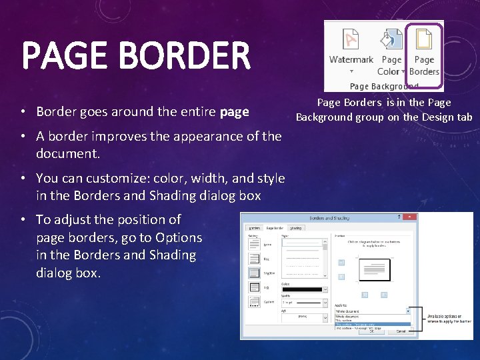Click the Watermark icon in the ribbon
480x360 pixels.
(351, 41)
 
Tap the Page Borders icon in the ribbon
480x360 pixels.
(425, 41)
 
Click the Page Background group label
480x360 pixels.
(384, 86)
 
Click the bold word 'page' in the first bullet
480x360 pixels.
(234, 112)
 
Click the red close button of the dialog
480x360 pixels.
(413, 217)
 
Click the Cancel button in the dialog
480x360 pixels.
(400, 331)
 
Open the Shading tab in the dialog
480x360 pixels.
(295, 228)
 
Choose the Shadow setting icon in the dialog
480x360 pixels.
(254, 273)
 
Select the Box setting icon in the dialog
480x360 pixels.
(254, 259)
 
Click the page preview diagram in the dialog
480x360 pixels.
(373, 270)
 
